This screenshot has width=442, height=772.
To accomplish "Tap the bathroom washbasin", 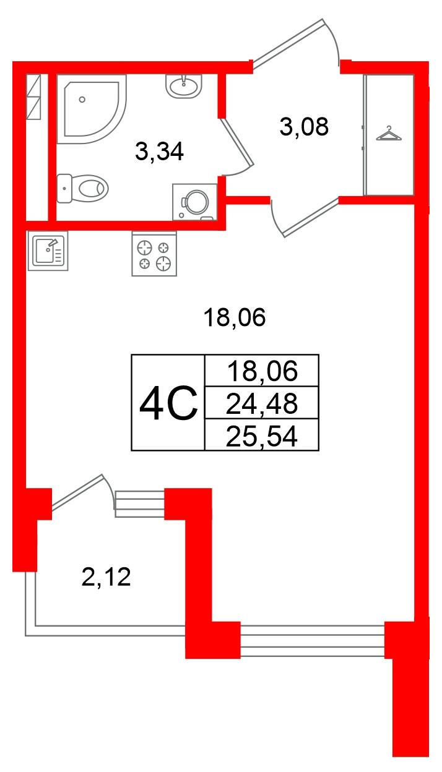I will [x=184, y=85].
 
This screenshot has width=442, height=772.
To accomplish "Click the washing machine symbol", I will [x=195, y=202].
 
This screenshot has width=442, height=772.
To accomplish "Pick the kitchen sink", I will [x=47, y=251].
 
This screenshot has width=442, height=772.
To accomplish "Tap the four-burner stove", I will [x=154, y=254].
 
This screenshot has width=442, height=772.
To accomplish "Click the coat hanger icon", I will [x=388, y=133].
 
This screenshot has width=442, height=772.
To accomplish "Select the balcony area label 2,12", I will [x=106, y=578].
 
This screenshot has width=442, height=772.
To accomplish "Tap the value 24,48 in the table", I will [x=262, y=404].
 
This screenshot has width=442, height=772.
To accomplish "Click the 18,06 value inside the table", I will [x=262, y=372].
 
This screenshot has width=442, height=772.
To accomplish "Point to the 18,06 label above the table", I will [x=234, y=318].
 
